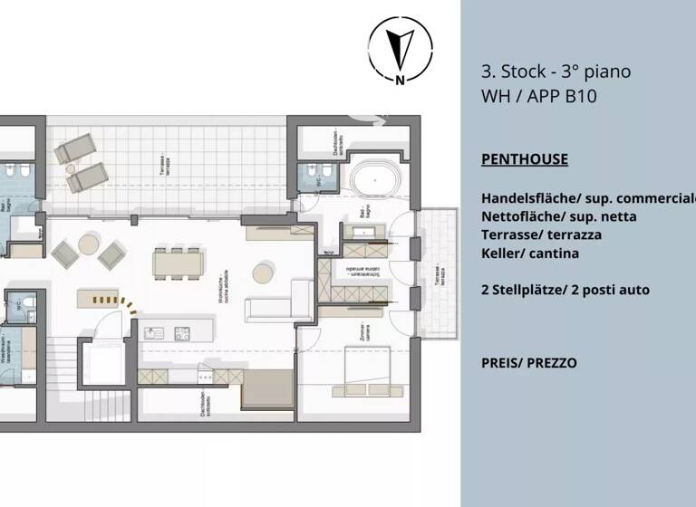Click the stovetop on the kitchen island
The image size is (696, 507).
(181, 332)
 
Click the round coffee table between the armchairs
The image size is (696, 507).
(89, 244)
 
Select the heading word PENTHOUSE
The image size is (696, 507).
(525, 159)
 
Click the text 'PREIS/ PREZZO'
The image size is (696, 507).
(528, 363)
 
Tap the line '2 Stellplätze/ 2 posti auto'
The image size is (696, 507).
(565, 290)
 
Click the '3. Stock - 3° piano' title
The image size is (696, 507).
(556, 72)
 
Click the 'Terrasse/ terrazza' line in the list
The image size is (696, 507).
(541, 234)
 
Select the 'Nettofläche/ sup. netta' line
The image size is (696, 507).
(558, 216)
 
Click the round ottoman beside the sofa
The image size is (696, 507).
(263, 273)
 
